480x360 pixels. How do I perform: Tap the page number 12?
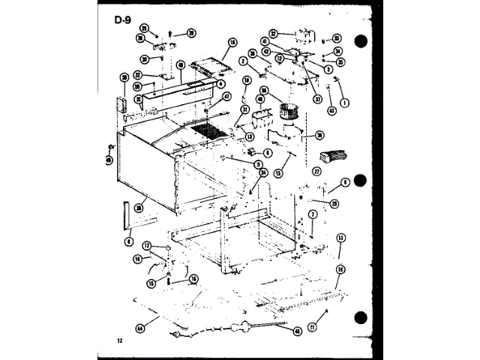119,340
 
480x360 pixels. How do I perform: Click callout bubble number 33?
337,38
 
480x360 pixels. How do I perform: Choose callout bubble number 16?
193,279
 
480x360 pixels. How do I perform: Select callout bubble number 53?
340,238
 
